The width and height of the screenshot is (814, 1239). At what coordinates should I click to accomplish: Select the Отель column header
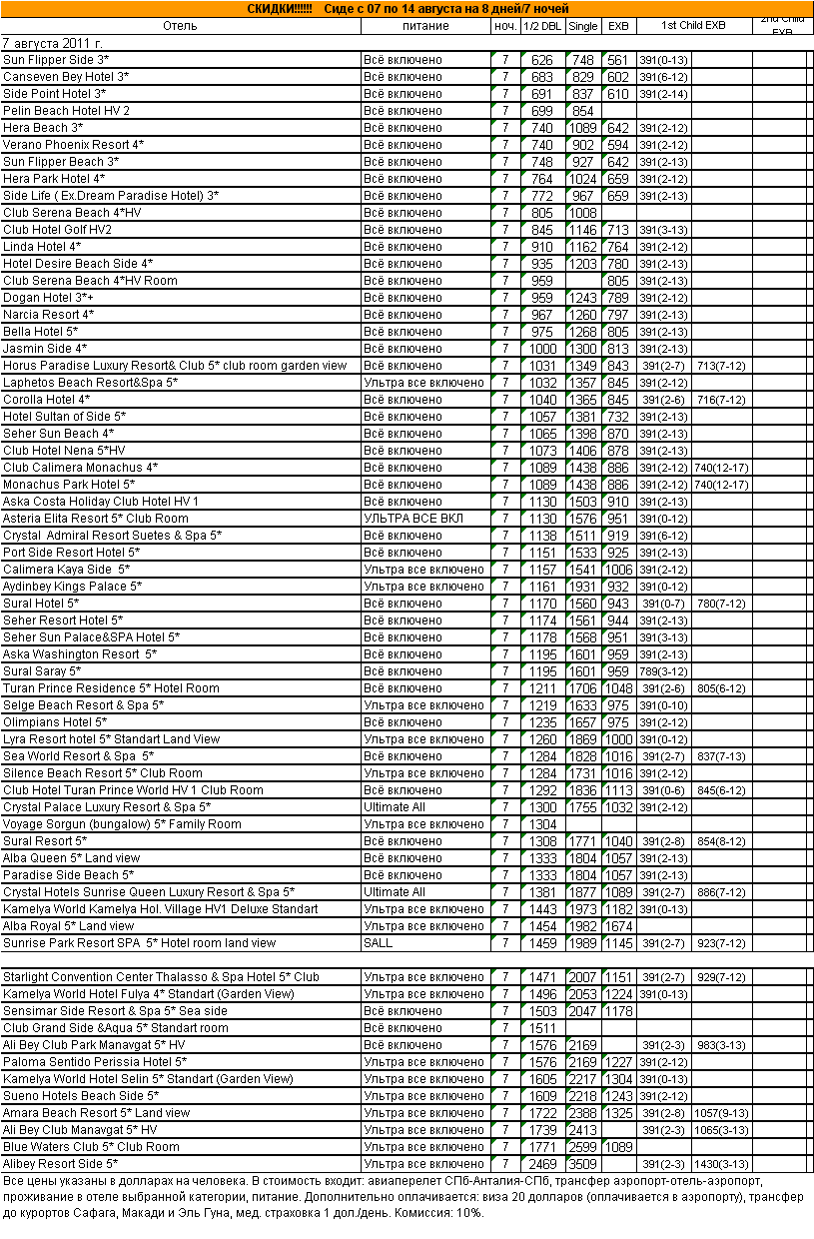(180, 25)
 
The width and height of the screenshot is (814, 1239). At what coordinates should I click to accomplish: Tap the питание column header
(425, 25)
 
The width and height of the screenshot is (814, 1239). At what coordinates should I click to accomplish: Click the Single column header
(583, 25)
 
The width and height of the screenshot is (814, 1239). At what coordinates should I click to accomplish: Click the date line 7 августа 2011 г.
(52, 43)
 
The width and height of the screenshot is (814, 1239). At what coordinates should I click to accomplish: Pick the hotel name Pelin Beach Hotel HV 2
(66, 111)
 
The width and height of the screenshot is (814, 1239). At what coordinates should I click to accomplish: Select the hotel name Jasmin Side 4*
(45, 349)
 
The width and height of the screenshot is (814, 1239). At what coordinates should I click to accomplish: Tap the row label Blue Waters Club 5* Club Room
(91, 1147)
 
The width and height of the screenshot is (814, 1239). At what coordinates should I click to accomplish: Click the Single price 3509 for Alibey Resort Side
(583, 1164)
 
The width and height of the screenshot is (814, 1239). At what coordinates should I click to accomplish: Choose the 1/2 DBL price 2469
(542, 1164)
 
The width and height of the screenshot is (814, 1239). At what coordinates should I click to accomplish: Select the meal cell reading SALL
(379, 943)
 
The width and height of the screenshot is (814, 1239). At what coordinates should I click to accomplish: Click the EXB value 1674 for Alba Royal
(618, 926)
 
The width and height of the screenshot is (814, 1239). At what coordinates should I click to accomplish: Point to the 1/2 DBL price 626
(542, 60)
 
